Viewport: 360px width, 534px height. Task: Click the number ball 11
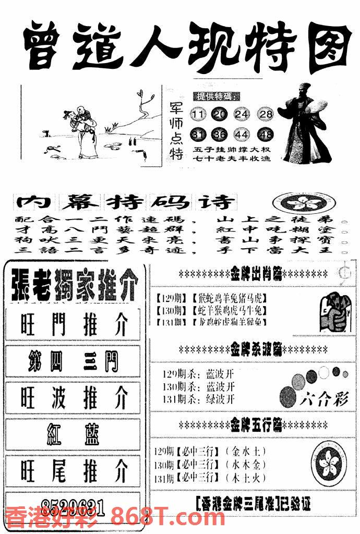tap(199, 114)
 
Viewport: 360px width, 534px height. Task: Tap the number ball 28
tap(266, 114)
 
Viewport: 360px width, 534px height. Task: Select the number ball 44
tap(242, 135)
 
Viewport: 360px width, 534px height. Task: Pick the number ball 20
tap(220, 114)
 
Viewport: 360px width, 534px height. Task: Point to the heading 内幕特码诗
tap(125, 202)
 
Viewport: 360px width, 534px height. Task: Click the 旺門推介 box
tap(74, 325)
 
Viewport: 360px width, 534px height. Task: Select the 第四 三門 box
tap(74, 362)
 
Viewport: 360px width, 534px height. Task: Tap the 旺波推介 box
tap(74, 398)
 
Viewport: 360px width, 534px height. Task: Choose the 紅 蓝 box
tap(74, 434)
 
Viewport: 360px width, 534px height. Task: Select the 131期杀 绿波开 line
tap(199, 399)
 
